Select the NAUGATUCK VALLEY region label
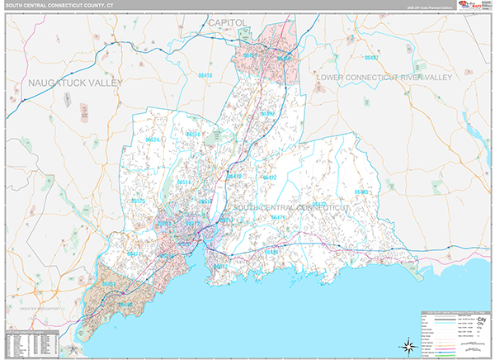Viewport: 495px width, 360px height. pyautogui.click(x=74, y=83)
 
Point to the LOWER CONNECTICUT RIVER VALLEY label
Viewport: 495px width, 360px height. pyautogui.click(x=385, y=77)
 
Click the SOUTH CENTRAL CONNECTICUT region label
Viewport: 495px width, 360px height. pyautogui.click(x=291, y=207)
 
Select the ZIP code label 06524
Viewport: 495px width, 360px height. pyautogui.click(x=153, y=140)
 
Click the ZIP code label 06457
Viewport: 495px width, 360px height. pyautogui.click(x=372, y=58)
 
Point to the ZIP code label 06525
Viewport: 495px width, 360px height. pyautogui.click(x=138, y=201)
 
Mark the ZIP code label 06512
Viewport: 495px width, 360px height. pyautogui.click(x=219, y=268)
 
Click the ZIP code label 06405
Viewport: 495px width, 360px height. pyautogui.click(x=271, y=252)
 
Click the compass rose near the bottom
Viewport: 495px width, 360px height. pyautogui.click(x=407, y=344)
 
